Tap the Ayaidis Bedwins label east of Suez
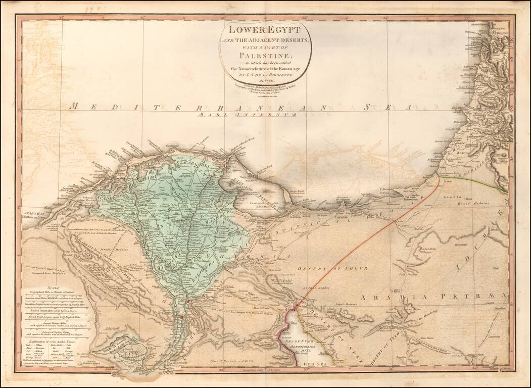[x=346, y=305]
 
